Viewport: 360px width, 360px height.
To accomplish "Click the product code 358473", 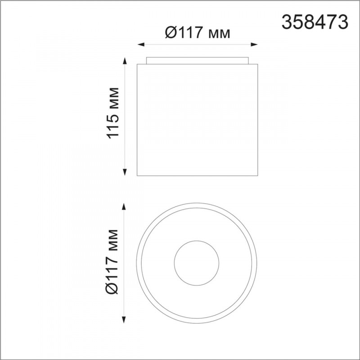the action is (315, 22).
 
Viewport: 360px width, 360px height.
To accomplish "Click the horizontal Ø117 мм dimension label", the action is (198, 32).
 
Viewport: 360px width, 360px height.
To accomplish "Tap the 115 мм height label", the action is (113, 113).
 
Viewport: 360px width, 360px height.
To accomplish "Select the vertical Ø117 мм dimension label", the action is (112, 262).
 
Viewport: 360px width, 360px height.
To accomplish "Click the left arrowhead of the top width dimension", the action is (141, 45).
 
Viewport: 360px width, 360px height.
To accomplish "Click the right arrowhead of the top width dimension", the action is (254, 45).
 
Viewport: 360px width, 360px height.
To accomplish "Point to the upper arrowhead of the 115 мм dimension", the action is (125, 61).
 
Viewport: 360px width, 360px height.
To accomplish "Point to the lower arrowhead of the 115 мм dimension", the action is (125, 172).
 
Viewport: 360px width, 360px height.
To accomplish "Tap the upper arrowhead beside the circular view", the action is (124, 207).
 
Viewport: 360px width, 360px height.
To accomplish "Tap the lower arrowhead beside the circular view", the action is (124, 320).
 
